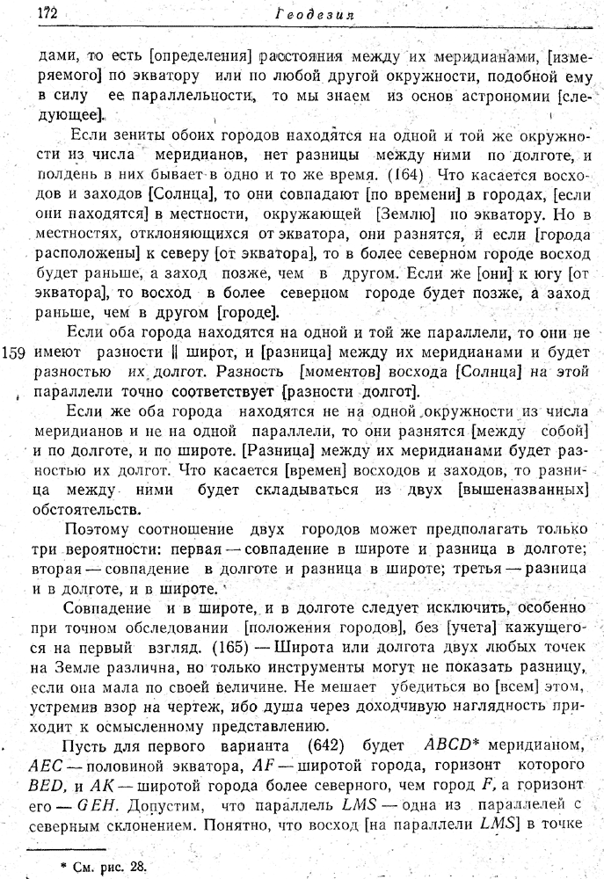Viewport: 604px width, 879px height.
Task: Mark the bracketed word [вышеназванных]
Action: coord(520,490)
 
